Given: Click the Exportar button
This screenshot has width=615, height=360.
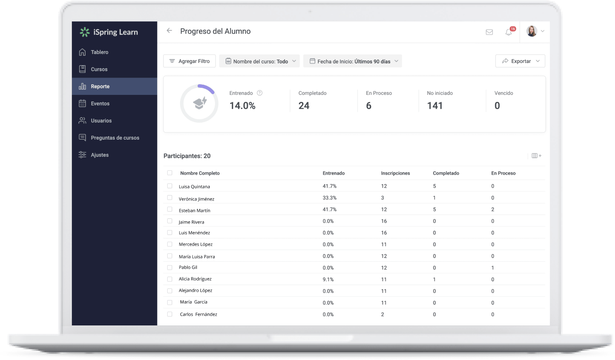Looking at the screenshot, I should pyautogui.click(x=520, y=61).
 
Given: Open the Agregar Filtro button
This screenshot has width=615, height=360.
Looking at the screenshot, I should pyautogui.click(x=189, y=61).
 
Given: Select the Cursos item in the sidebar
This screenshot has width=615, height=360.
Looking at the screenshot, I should pyautogui.click(x=99, y=69).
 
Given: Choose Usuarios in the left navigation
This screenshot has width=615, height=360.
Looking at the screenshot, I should pyautogui.click(x=101, y=121).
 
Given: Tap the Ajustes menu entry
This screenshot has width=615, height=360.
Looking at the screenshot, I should pyautogui.click(x=99, y=155).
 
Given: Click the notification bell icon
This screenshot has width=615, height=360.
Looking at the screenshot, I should pyautogui.click(x=509, y=32).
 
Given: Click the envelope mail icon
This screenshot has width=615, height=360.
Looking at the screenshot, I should pyautogui.click(x=489, y=32).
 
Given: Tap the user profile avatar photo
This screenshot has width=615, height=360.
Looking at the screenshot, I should pyautogui.click(x=531, y=31).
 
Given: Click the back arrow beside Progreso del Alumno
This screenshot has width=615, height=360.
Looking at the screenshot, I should pyautogui.click(x=169, y=31).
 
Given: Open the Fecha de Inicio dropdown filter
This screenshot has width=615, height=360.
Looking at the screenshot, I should pyautogui.click(x=353, y=61).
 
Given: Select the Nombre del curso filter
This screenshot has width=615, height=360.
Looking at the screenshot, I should pyautogui.click(x=259, y=61).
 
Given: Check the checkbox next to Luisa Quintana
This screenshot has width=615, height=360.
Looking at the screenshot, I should pyautogui.click(x=169, y=186).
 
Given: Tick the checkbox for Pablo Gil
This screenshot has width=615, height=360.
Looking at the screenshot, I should pyautogui.click(x=169, y=267).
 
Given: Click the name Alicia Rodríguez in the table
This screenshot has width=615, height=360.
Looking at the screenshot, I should pyautogui.click(x=195, y=279).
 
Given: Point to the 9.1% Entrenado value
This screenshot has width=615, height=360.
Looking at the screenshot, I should pyautogui.click(x=328, y=279).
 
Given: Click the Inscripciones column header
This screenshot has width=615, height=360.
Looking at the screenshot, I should pyautogui.click(x=395, y=173).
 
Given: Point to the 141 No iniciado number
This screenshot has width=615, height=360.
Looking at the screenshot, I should pyautogui.click(x=435, y=106).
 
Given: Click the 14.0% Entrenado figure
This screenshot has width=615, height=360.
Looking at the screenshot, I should pyautogui.click(x=242, y=106).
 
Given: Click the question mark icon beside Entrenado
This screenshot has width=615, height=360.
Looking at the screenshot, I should pyautogui.click(x=260, y=93).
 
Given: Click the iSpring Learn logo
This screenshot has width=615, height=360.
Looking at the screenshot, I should pyautogui.click(x=109, y=32).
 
